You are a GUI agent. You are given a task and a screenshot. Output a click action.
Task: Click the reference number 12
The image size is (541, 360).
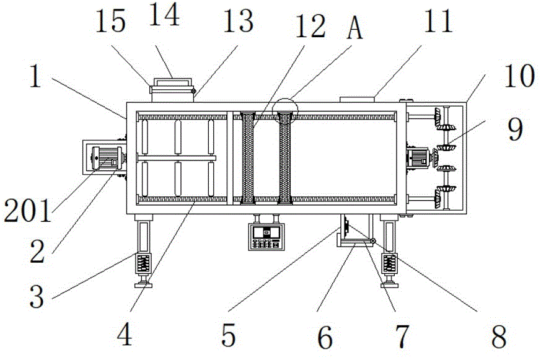(310, 27)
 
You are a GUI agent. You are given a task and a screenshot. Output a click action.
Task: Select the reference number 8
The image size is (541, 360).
(496, 336)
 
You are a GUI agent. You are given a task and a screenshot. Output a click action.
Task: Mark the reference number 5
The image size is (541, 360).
(228, 336)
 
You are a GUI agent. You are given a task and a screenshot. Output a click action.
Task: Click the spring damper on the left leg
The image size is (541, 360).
(144, 265)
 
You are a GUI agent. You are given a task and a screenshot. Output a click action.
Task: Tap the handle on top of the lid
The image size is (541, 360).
(172, 81)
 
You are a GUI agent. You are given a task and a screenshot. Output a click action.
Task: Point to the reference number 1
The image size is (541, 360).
(38, 79)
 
